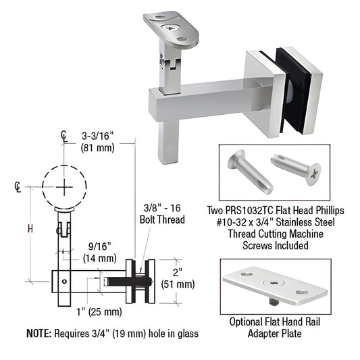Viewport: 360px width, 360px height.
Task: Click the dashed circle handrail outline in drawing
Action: (63, 186)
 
